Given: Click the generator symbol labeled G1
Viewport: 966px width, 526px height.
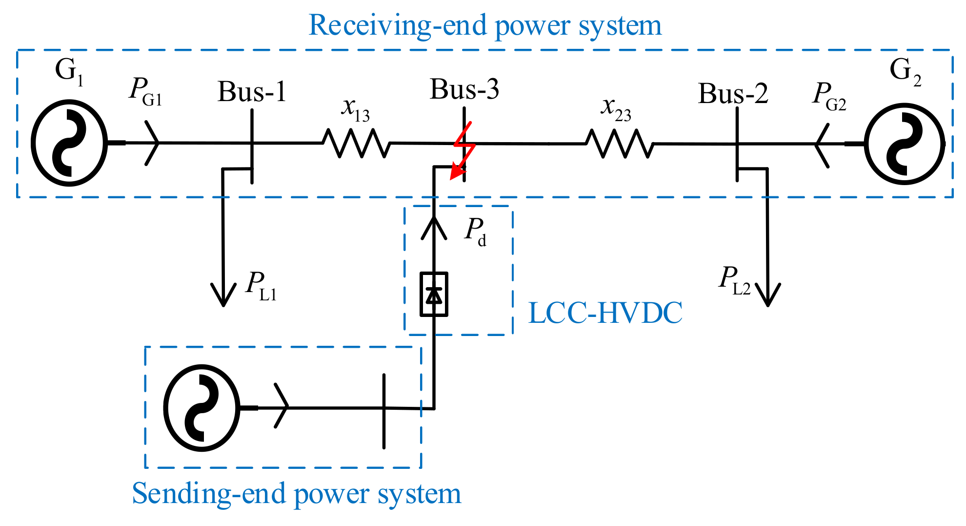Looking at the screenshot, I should click(x=69, y=143).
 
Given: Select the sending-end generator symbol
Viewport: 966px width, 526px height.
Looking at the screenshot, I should click(x=201, y=407).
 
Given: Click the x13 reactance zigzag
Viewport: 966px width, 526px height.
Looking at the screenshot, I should click(x=356, y=143).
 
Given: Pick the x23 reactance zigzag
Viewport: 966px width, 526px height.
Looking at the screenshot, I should click(x=619, y=144).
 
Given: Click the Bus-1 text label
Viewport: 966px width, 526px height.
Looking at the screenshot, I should click(x=252, y=91).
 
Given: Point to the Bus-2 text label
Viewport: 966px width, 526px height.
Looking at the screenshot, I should click(x=733, y=93).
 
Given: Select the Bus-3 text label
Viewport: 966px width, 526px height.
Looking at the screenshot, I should click(x=464, y=89).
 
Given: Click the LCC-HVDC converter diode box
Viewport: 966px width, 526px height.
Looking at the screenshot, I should click(x=434, y=295).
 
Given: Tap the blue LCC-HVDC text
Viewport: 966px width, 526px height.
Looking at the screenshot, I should click(x=605, y=313).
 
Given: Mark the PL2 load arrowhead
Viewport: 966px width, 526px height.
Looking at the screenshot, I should click(x=768, y=295).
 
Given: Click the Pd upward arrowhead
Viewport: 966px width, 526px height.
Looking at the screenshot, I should click(x=434, y=228).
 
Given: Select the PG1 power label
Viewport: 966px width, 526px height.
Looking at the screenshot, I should click(x=145, y=92).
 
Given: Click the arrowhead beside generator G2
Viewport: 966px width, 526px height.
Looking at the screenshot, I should click(x=822, y=145).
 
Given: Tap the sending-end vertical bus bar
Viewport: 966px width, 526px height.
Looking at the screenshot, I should click(x=384, y=411).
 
